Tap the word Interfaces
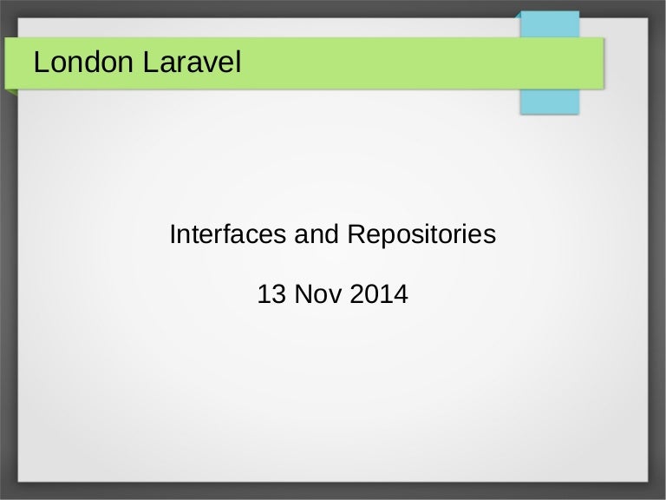[227, 234]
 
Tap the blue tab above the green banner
[549, 25]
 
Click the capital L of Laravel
[147, 62]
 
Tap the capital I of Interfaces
[173, 234]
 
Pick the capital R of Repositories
[356, 234]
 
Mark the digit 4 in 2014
[400, 295]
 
